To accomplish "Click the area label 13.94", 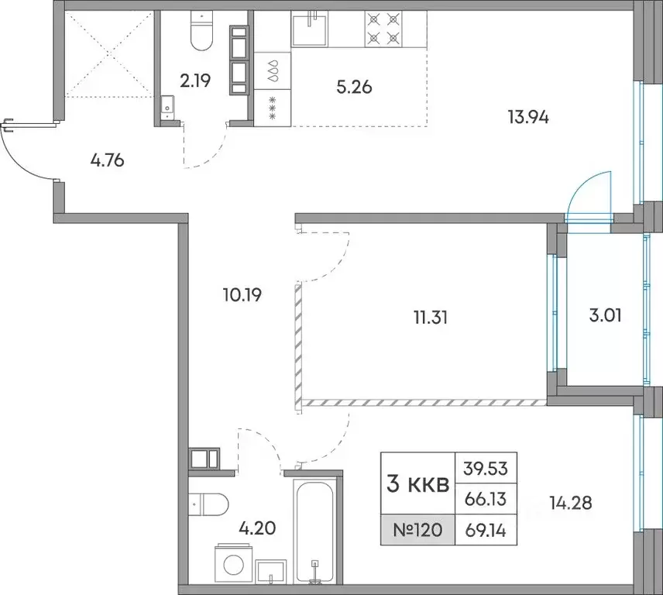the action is tap(528, 117).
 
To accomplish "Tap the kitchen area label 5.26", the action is tap(354, 87).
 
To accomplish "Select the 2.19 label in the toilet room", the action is tap(195, 81).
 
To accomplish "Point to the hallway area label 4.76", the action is tap(108, 160).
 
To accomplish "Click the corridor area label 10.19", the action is tap(242, 294).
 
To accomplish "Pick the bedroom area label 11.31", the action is tap(431, 317).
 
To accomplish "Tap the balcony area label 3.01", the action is tap(606, 315).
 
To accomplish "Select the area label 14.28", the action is tap(571, 503).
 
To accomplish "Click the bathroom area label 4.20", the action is tap(257, 528).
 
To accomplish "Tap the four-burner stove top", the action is tap(383, 29).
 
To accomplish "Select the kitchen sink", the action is tap(310, 29).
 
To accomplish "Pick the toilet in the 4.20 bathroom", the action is tap(208, 504).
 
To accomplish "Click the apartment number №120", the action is tap(417, 529).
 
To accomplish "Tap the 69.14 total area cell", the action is tap(486, 530).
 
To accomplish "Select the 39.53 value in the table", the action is tap(486, 468).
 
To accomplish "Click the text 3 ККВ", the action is tap(417, 484).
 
